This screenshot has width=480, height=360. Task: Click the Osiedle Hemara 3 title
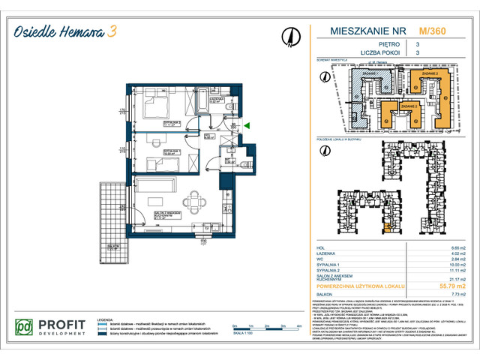coord(67,31)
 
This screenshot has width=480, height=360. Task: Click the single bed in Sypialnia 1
coord(154,160)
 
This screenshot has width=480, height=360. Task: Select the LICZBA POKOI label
coord(351,53)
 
